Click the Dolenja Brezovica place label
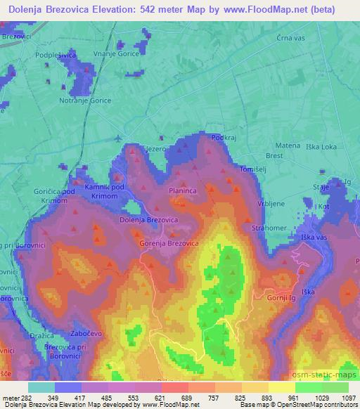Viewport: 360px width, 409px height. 149,220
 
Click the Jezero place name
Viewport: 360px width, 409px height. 155,149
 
